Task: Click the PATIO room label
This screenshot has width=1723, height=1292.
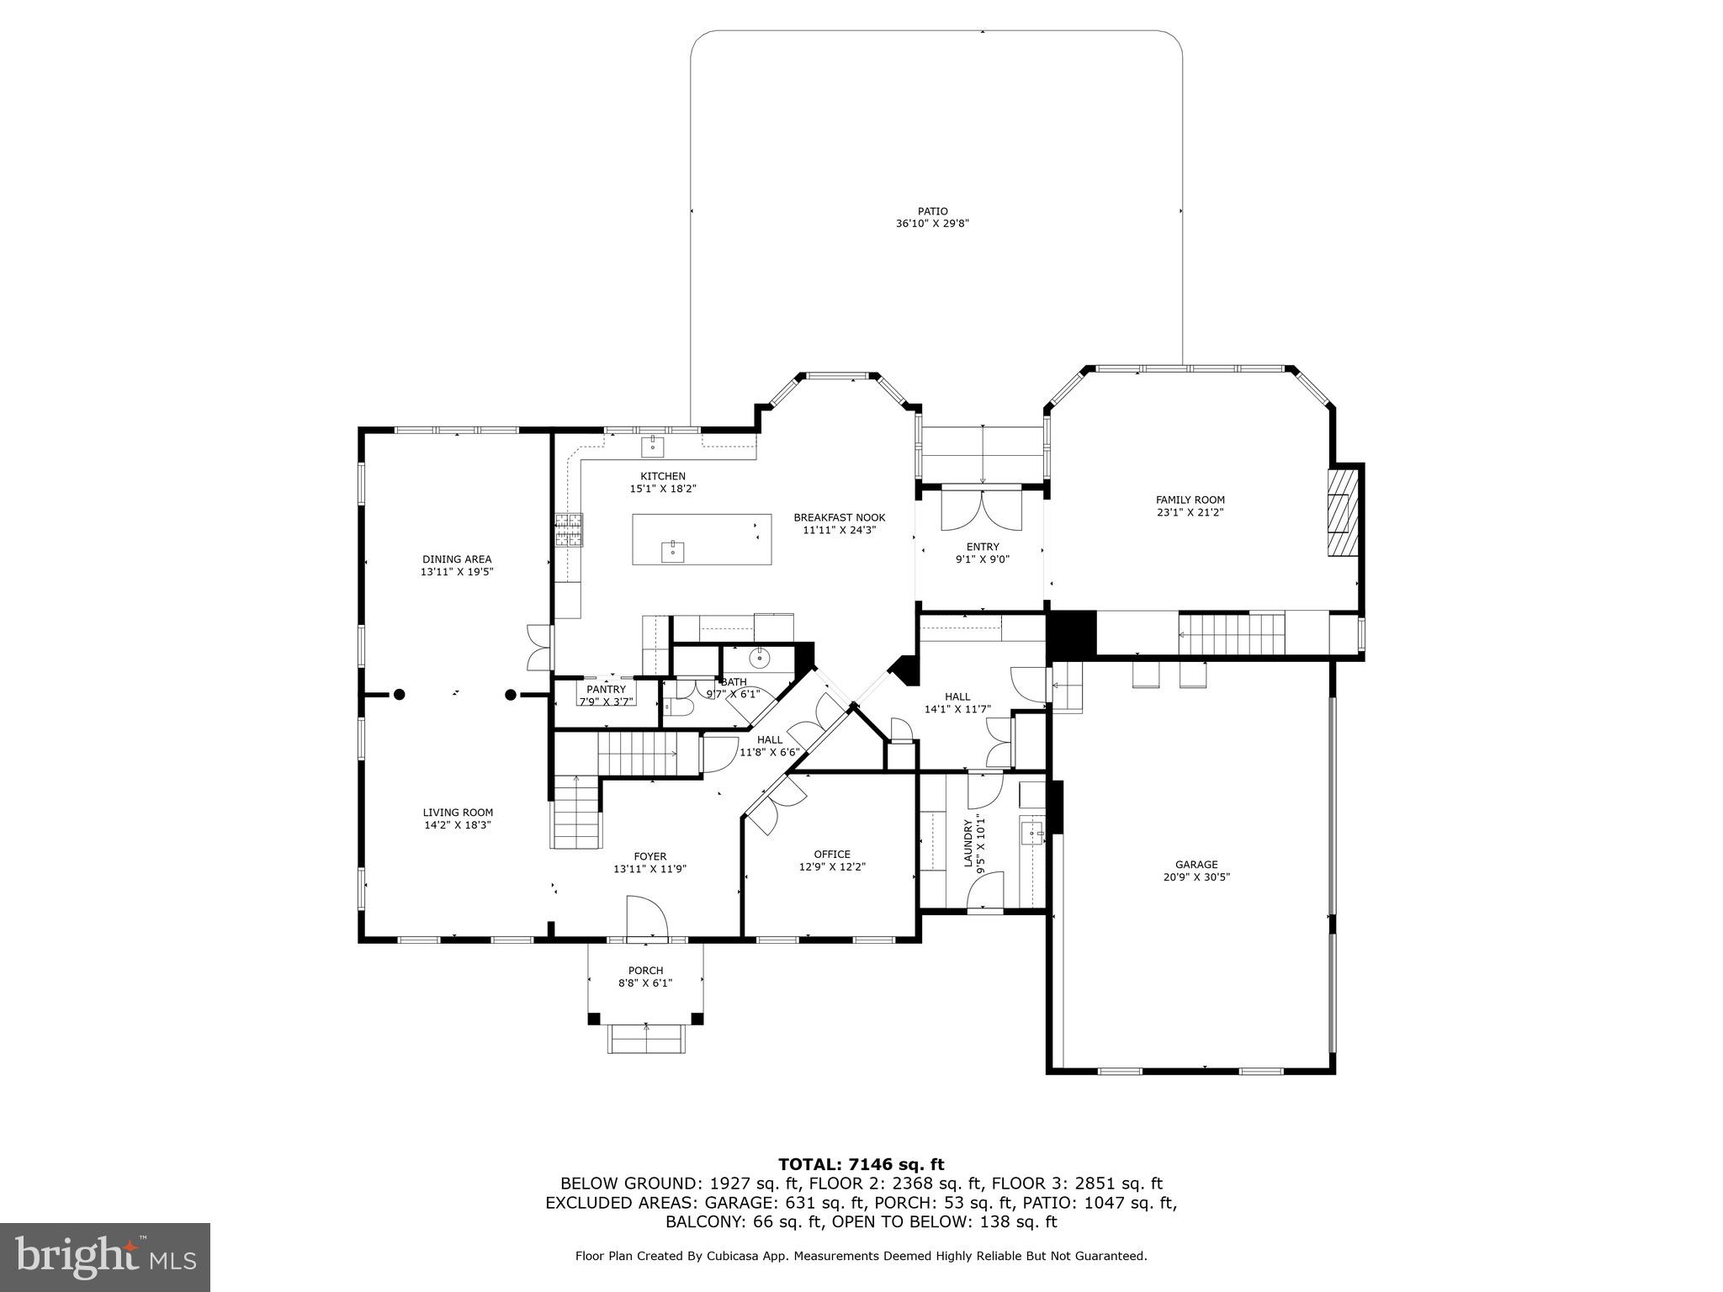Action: click(x=932, y=211)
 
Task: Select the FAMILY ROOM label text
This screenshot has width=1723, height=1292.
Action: click(x=1190, y=500)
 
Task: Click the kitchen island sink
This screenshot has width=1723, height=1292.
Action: click(x=672, y=552)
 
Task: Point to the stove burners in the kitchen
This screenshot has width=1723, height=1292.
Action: click(x=568, y=530)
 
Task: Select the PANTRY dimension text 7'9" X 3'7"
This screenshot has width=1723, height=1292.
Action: click(x=606, y=701)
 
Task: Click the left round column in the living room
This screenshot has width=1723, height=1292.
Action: click(x=400, y=695)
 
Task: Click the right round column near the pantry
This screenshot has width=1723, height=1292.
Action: click(x=510, y=695)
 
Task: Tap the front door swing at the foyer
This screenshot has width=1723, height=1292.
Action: click(x=645, y=917)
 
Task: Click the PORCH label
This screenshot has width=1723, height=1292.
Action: click(x=645, y=971)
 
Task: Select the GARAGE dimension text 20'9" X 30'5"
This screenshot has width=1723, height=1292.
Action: click(x=1196, y=876)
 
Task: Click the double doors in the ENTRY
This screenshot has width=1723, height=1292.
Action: click(x=982, y=510)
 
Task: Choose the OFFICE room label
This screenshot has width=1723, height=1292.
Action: click(x=831, y=855)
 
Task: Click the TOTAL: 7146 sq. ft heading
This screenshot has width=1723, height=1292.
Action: click(x=861, y=1164)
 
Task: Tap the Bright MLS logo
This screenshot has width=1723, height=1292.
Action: click(x=104, y=1257)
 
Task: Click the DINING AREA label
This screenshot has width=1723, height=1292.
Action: click(x=457, y=559)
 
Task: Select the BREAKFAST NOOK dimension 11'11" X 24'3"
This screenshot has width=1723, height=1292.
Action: click(x=839, y=530)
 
